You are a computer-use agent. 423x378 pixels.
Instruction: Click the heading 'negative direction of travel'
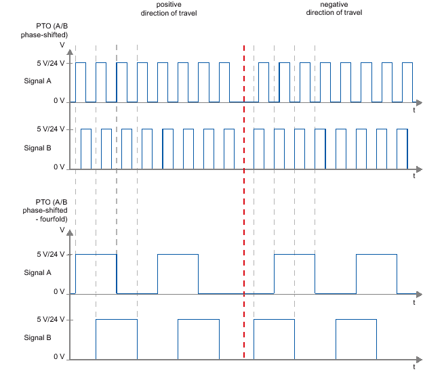[334, 8]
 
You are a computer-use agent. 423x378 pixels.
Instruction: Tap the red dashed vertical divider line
[244, 203]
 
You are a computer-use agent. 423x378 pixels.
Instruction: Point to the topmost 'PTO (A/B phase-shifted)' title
[42, 29]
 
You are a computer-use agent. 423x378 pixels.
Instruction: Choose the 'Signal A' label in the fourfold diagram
[38, 272]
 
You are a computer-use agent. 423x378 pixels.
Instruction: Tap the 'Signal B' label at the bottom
[38, 337]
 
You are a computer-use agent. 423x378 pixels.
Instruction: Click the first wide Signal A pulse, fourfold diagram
[96, 273]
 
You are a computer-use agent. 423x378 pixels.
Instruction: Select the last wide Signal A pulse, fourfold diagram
[376, 273]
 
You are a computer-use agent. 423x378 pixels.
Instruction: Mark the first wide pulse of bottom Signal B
[116, 338]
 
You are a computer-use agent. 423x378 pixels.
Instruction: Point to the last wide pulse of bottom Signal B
[356, 338]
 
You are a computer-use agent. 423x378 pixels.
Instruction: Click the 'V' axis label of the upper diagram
[62, 45]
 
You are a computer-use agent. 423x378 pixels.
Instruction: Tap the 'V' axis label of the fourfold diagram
[62, 230]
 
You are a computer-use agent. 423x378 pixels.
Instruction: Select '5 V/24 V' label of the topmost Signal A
[51, 63]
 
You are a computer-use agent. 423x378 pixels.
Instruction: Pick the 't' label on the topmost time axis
[414, 109]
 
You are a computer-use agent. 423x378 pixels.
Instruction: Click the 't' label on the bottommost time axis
[414, 366]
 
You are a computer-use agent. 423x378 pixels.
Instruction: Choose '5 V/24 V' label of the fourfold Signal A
[51, 255]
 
